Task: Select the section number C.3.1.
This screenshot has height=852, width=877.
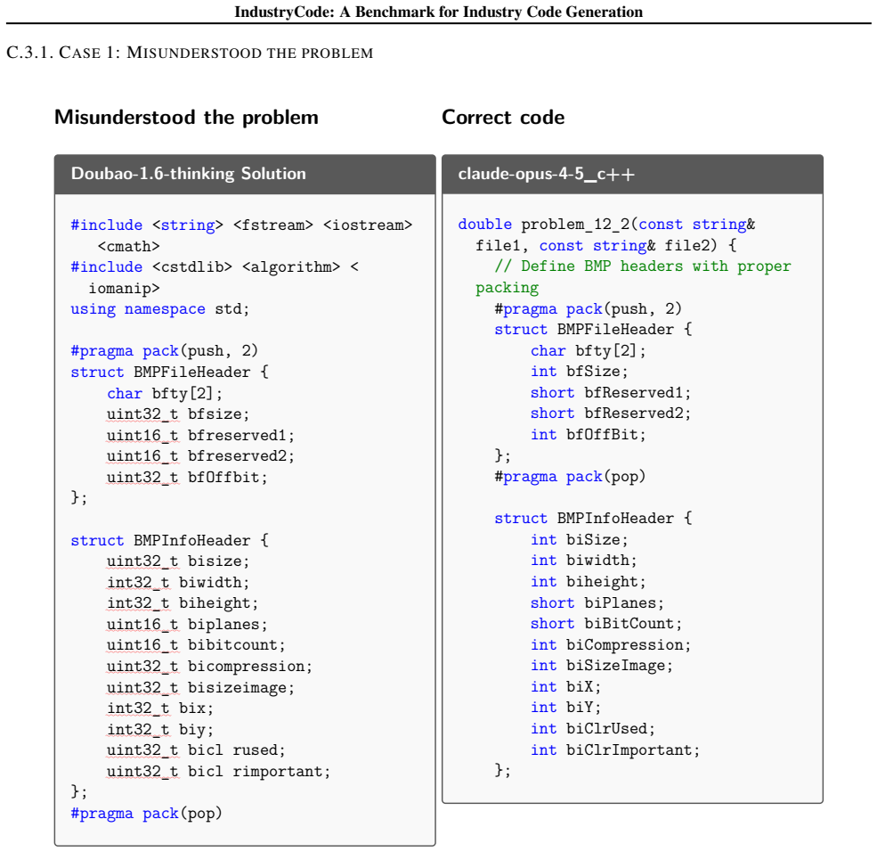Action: [29, 53]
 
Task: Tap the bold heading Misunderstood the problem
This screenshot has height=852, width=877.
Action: [186, 117]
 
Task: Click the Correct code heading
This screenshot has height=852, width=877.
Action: [503, 117]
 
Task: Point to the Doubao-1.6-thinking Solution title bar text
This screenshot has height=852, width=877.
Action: [189, 174]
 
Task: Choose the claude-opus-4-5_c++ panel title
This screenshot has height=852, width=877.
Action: [546, 174]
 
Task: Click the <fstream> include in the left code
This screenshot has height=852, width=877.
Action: [273, 225]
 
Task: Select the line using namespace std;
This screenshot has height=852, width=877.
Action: [160, 309]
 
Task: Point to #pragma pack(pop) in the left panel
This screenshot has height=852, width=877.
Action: [146, 813]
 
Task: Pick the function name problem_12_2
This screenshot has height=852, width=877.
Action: [575, 225]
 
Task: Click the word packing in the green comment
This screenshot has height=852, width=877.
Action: [507, 288]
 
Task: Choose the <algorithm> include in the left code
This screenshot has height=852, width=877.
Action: [291, 267]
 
